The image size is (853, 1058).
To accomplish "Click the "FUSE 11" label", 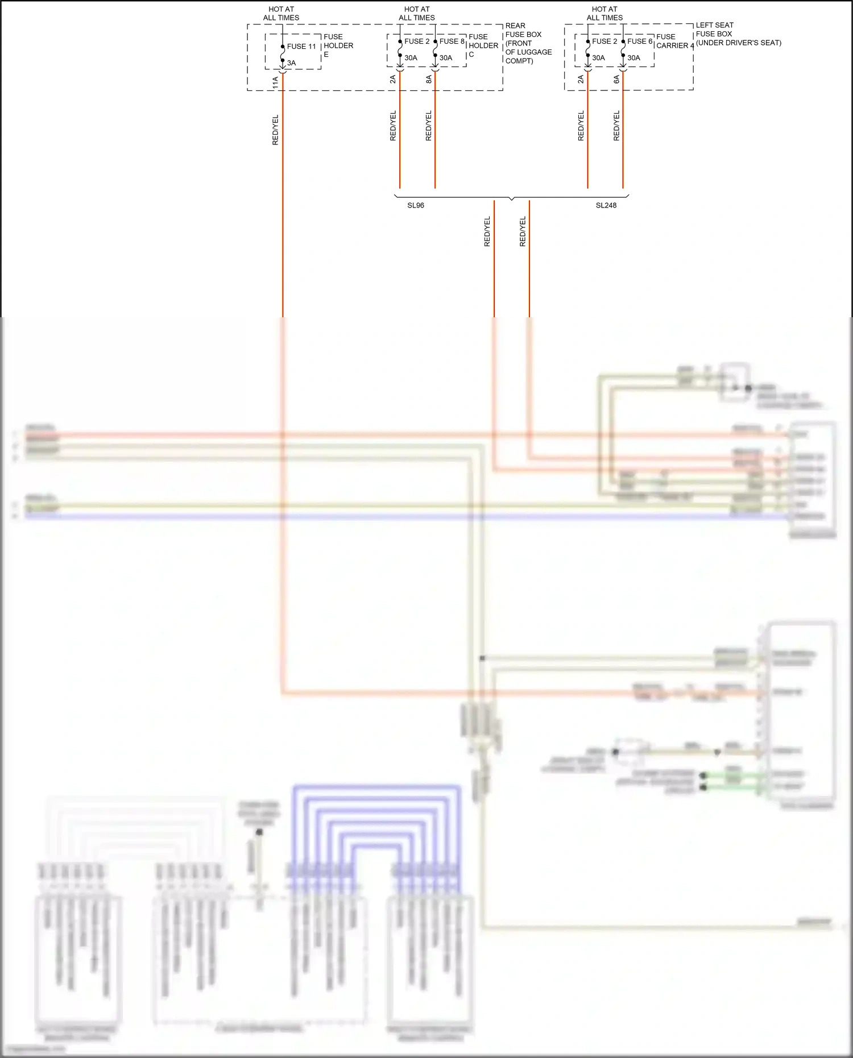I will (x=301, y=47).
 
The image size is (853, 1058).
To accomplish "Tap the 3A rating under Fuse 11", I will (x=291, y=63).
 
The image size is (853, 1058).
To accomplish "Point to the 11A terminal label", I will (x=275, y=82).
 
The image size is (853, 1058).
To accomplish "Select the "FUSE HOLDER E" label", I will (x=338, y=45).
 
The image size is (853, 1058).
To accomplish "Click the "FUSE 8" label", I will (x=452, y=42).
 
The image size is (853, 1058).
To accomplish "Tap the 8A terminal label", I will (x=429, y=80).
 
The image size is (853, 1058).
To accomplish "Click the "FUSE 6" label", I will (x=640, y=42).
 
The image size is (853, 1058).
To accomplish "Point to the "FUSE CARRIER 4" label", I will (x=675, y=41).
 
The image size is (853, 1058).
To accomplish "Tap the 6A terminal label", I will (x=616, y=80).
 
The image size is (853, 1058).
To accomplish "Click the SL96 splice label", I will (x=416, y=205).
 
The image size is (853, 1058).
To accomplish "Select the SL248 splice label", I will (x=606, y=205).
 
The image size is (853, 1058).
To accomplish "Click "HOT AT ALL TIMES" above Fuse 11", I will (x=281, y=14).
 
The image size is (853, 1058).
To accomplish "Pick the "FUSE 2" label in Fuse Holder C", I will (x=417, y=42).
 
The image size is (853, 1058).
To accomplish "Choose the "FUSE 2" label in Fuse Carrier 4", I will (x=604, y=42).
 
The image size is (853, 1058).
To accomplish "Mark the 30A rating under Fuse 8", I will (x=446, y=58).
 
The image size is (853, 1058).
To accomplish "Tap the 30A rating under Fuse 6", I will (x=633, y=58).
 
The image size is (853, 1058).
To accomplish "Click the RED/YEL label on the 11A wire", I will (x=275, y=130).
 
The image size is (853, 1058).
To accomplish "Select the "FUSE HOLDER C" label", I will (x=483, y=45).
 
